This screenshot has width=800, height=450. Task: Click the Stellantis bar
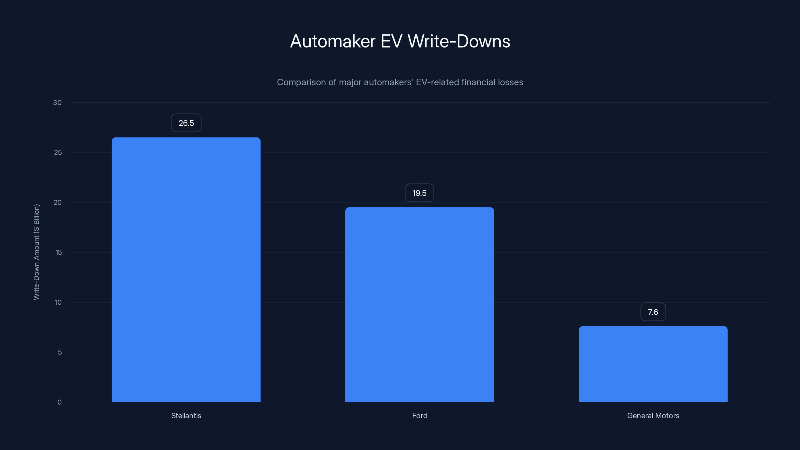(186, 269)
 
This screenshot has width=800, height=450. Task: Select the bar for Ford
(419, 304)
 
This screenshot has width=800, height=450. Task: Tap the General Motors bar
(653, 364)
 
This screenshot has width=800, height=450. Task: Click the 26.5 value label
(186, 123)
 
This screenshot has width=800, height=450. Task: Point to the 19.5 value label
(419, 193)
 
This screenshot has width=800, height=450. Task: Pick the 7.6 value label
(653, 312)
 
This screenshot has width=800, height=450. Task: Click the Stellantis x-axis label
(186, 415)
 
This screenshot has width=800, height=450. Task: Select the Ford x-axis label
(419, 415)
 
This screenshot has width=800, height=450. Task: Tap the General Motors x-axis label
(653, 415)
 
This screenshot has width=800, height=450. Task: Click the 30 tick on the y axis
(57, 102)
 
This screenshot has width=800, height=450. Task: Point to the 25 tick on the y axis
(58, 152)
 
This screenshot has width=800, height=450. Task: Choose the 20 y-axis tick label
(57, 202)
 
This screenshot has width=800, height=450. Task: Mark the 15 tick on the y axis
(58, 252)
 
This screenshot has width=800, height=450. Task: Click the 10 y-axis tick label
(58, 302)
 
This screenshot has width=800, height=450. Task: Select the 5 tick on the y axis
(60, 352)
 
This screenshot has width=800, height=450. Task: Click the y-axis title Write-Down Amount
(36, 252)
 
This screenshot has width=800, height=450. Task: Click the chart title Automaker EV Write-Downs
(400, 41)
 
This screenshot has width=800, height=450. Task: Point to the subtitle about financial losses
(400, 82)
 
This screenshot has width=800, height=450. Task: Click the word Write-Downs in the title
(459, 41)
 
